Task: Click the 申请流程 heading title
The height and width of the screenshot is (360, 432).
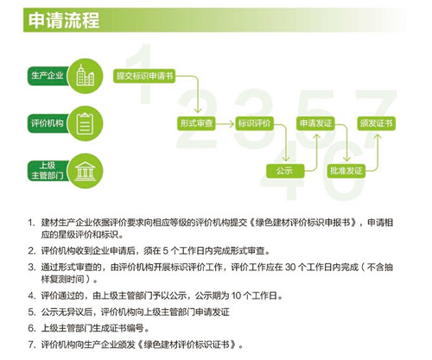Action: click(x=64, y=20)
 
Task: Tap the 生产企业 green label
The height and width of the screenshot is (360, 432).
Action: click(x=48, y=76)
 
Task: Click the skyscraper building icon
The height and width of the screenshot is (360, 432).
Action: click(x=86, y=75)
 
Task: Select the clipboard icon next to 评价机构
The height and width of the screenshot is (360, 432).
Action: click(x=85, y=123)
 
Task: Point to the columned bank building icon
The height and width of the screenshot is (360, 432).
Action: click(x=85, y=171)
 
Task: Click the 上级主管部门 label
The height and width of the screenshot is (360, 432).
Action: click(x=48, y=171)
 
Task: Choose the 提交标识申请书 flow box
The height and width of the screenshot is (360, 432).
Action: click(x=144, y=76)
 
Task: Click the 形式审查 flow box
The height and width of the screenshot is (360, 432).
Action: click(x=196, y=123)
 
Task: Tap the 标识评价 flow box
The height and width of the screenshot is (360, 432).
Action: click(x=254, y=123)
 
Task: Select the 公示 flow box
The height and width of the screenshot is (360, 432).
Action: click(x=285, y=171)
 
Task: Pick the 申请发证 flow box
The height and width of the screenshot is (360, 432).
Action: click(x=315, y=123)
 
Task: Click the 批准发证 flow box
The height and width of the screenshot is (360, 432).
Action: click(x=346, y=171)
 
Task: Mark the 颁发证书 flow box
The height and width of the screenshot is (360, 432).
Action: click(x=377, y=123)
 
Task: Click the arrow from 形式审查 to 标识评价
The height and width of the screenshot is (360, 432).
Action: click(x=225, y=124)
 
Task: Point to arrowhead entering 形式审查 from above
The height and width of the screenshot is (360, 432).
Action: click(x=198, y=111)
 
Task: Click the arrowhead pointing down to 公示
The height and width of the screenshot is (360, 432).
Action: click(x=286, y=159)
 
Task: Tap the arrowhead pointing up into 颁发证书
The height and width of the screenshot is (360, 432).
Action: click(x=378, y=136)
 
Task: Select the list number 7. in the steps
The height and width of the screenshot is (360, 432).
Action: click(x=32, y=344)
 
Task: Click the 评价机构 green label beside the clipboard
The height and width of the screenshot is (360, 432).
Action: click(x=48, y=123)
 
